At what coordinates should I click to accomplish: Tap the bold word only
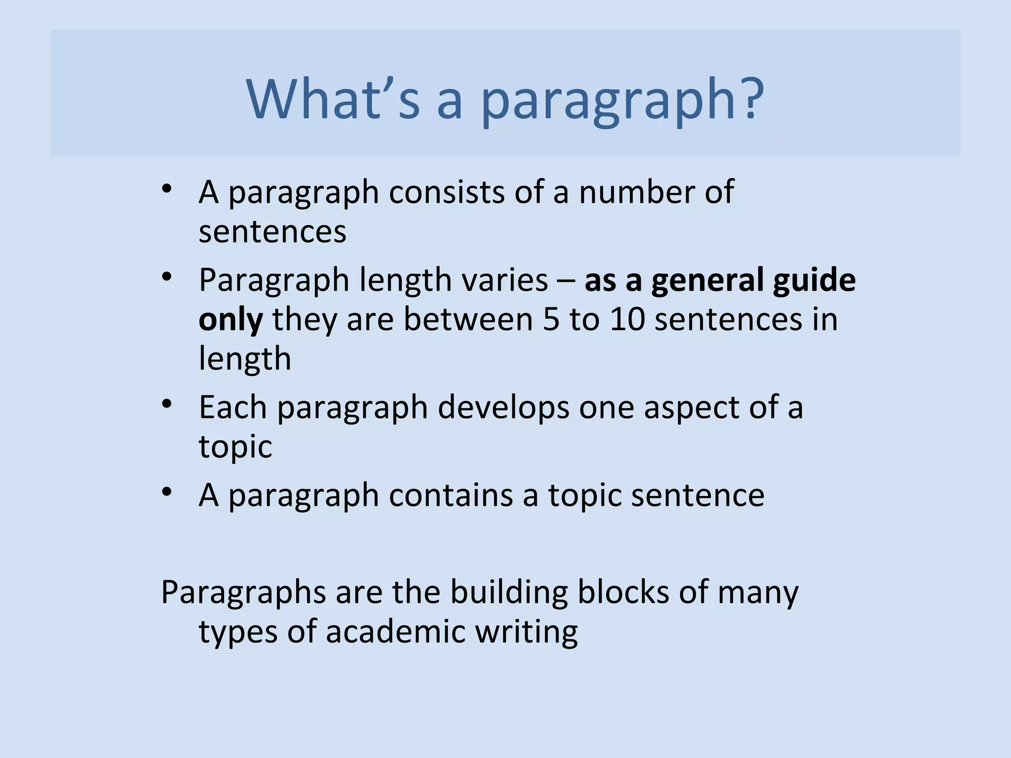[231, 319]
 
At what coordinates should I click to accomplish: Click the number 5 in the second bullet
[551, 319]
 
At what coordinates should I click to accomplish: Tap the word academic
[395, 631]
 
